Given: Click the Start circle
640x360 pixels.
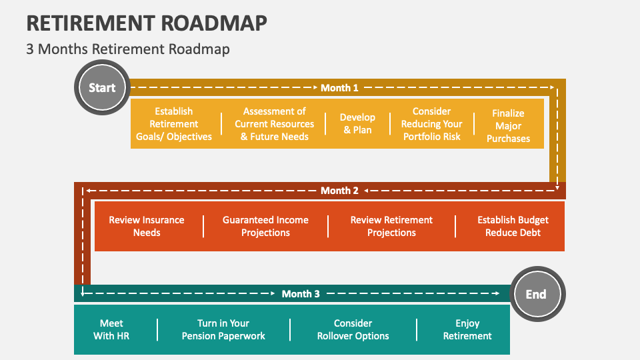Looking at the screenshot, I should (x=102, y=87).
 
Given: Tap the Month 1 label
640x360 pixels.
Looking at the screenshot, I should (x=339, y=87).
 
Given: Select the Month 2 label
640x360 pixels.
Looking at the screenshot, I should (x=339, y=191).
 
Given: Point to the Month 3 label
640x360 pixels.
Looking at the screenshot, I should (x=301, y=293).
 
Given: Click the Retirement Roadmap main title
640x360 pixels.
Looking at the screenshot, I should (x=147, y=23).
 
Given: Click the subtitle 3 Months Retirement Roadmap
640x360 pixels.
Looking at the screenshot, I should (x=128, y=49).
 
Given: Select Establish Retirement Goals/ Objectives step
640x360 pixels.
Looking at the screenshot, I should (x=174, y=124).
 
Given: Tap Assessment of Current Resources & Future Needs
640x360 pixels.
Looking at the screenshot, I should (x=274, y=124).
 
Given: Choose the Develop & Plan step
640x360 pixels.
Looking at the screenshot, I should (x=358, y=124).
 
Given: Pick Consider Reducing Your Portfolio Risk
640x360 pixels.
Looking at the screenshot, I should (x=431, y=124).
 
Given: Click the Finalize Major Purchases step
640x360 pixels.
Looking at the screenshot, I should (x=508, y=126).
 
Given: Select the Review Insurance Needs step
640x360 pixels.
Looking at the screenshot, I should (x=147, y=226).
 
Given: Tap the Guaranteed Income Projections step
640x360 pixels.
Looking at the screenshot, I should (x=265, y=226).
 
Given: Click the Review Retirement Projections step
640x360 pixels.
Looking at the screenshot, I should (x=391, y=226).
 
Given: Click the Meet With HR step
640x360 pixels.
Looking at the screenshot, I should (x=111, y=329).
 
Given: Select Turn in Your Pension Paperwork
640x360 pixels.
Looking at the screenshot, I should (x=223, y=329).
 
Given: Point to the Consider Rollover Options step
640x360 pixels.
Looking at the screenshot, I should (x=353, y=329).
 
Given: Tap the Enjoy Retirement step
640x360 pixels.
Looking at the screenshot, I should (x=467, y=329).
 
